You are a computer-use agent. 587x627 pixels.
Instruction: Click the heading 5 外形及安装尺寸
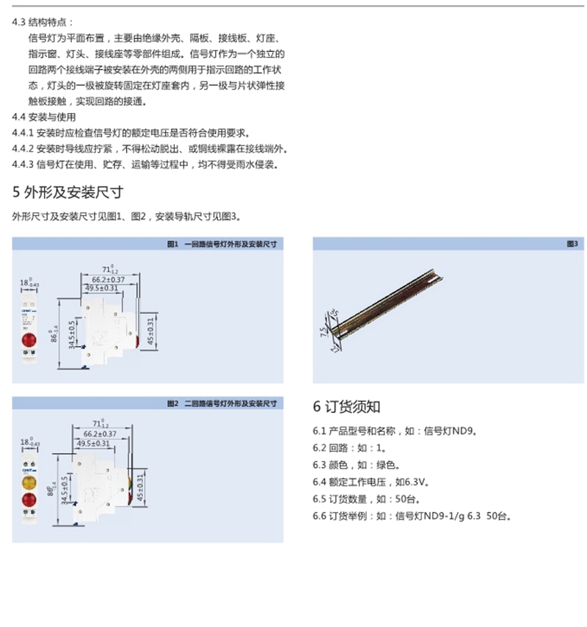(67, 193)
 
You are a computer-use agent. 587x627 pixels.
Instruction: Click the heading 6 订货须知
(346, 406)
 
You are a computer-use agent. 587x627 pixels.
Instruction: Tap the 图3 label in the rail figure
(572, 243)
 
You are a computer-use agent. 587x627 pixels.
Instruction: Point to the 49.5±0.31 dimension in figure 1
(102, 288)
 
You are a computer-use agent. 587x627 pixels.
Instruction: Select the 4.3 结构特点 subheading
(43, 22)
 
